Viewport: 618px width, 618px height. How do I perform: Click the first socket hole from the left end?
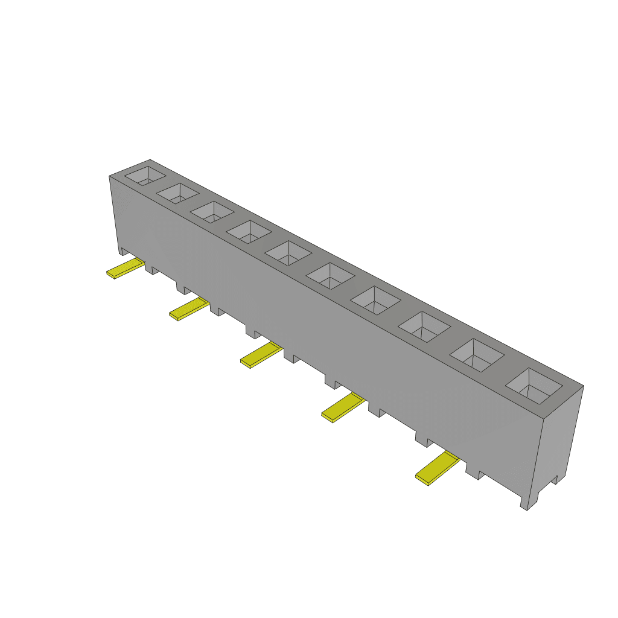pyautogui.click(x=145, y=176)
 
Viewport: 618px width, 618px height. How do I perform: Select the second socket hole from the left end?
pyautogui.click(x=178, y=193)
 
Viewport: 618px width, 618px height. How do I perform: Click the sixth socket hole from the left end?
pyautogui.click(x=330, y=275)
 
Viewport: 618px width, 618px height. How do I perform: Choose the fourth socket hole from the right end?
pyautogui.click(x=375, y=299)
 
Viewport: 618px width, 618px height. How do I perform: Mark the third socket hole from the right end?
pyautogui.click(x=424, y=326)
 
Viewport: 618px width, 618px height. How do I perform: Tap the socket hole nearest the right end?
pyautogui.click(x=534, y=385)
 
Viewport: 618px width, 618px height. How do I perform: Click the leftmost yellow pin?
pyautogui.click(x=126, y=269)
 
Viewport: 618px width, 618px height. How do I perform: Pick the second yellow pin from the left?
pyautogui.click(x=189, y=308)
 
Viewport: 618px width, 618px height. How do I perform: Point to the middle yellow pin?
pyautogui.click(x=261, y=355)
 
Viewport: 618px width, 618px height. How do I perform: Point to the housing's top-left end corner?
pyautogui.click(x=110, y=176)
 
